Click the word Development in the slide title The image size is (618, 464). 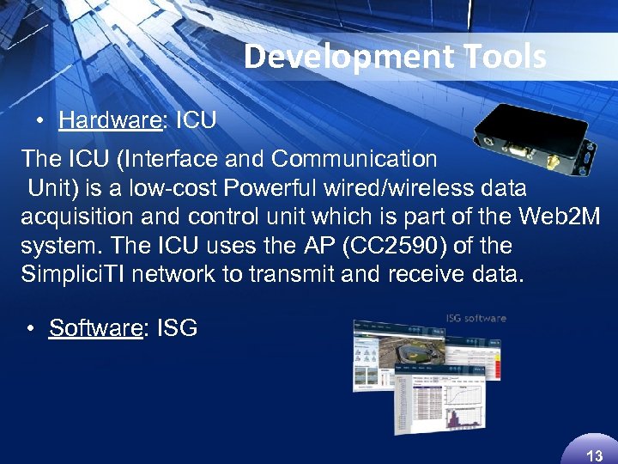(x=329, y=57)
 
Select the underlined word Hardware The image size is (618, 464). (x=110, y=120)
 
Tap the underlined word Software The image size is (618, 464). (x=94, y=327)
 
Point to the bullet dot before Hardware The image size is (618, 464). (x=40, y=121)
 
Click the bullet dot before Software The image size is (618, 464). (x=31, y=328)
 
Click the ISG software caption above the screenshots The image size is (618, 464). (x=476, y=319)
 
